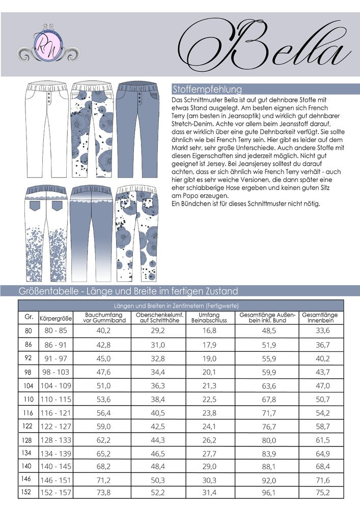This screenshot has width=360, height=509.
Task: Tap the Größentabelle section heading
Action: click(x=120, y=291)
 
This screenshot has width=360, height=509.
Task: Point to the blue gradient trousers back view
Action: click(x=90, y=232)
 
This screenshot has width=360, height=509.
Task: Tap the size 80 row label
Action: click(x=28, y=331)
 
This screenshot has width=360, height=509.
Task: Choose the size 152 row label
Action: click(x=29, y=493)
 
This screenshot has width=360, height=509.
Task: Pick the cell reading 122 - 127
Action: click(x=56, y=425)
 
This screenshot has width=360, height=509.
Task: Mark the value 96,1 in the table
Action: click(x=268, y=493)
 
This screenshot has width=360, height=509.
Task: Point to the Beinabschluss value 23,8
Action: click(x=210, y=412)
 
